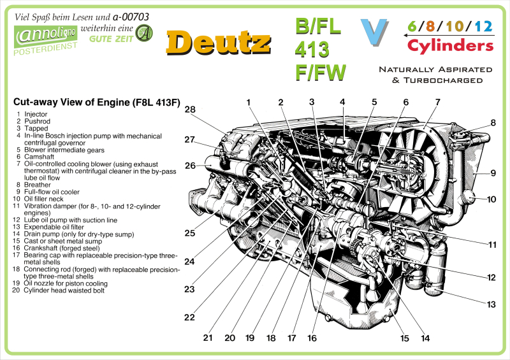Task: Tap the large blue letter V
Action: coord(374,32)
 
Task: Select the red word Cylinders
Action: coord(450,46)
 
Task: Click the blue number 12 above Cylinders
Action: coord(483,27)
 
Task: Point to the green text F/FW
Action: coord(321,71)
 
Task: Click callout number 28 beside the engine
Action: coord(190,110)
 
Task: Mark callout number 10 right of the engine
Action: coord(492,199)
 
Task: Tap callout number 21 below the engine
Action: coord(207,338)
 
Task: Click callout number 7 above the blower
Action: coord(437,102)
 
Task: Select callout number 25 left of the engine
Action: coord(190,233)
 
